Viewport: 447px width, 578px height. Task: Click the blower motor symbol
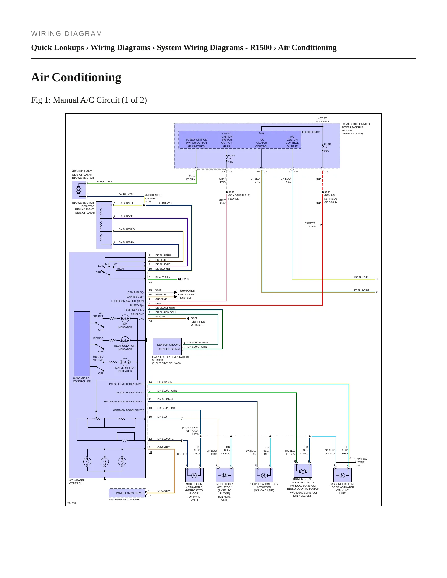point(78,190)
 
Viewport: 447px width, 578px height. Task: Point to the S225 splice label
point(231,192)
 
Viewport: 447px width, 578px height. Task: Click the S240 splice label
point(327,192)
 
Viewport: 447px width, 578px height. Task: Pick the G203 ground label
point(185,279)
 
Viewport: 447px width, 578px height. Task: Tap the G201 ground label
point(194,318)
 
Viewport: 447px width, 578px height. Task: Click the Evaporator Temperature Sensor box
point(167,347)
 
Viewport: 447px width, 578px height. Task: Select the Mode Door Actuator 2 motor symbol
point(194,475)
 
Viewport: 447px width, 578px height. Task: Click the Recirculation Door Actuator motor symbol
point(264,475)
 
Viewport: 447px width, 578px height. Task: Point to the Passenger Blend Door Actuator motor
point(342,475)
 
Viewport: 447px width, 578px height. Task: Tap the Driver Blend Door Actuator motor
point(303,471)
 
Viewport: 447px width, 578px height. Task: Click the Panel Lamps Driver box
point(127,493)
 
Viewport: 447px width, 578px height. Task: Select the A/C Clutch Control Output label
point(292,142)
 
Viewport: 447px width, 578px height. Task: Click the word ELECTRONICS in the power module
point(311,132)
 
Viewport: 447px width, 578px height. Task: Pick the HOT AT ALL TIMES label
point(322,120)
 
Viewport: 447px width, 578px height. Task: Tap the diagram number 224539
point(72,503)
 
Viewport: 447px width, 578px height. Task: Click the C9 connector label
point(296,172)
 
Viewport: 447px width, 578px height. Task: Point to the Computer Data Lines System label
point(187,294)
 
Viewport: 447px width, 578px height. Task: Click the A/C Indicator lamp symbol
point(125,318)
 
